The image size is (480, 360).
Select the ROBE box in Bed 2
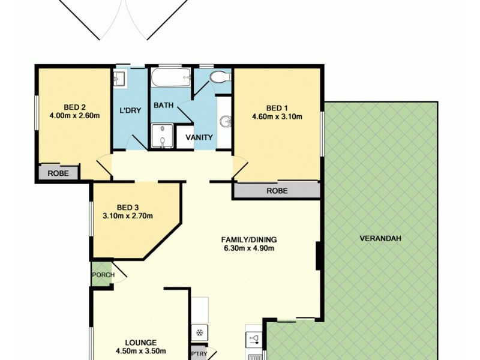point(59,173)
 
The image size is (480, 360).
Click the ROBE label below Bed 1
point(277,191)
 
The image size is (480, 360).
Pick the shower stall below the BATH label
point(161,136)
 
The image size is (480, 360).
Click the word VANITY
point(199,137)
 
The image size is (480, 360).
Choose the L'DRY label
point(130,110)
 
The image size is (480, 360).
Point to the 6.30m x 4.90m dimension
point(250,248)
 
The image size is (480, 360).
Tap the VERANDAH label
point(380,238)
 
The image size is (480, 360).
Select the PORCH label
point(103,275)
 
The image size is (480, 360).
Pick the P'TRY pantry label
point(198,354)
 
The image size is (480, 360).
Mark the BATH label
point(163,105)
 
